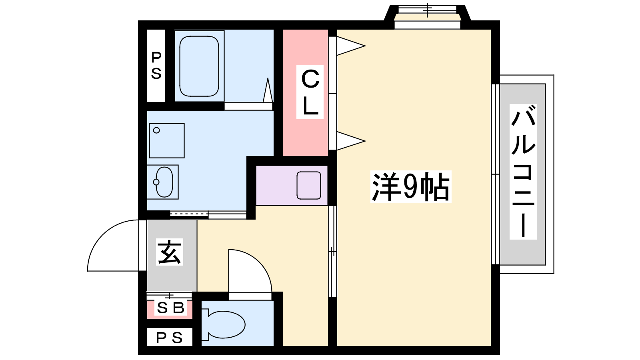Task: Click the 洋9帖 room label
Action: point(410,187)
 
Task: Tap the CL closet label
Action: point(310,92)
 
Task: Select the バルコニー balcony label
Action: point(523,172)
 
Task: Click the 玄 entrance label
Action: point(170,252)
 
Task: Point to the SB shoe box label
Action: point(170,308)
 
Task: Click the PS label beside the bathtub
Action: point(156,66)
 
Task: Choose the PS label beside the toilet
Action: point(170,338)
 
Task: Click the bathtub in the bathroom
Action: point(199,66)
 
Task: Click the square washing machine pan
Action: point(167,140)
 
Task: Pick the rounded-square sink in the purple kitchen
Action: point(308,186)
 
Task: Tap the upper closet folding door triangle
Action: point(351,46)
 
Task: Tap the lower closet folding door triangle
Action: point(351,141)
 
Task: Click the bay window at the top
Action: point(428,16)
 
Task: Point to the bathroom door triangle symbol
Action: point(268,90)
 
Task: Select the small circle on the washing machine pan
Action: point(156,130)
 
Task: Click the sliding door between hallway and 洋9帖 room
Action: point(332,252)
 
